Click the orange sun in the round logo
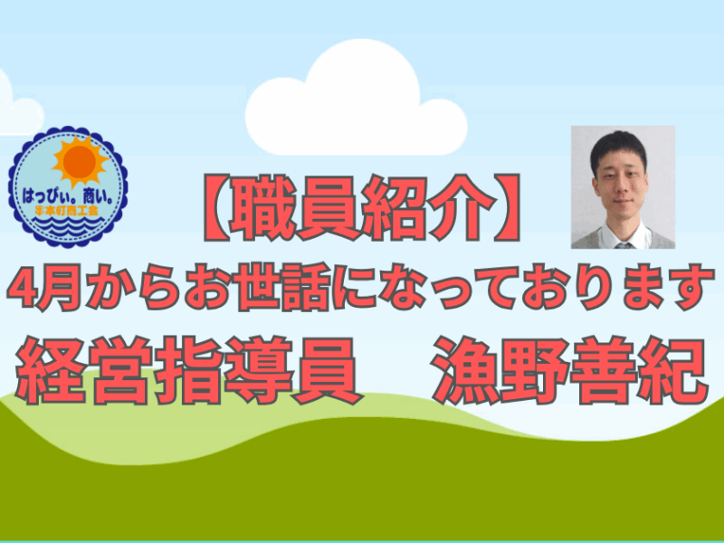tap(80, 162)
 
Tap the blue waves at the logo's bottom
tap(69, 226)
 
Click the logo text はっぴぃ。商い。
tap(69, 198)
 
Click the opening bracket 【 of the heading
tap(216, 207)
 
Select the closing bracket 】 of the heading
tap(507, 207)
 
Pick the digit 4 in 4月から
tap(21, 288)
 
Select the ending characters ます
tap(662, 287)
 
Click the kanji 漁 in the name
tap(465, 370)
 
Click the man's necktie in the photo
tap(624, 245)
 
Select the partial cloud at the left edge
tap(18, 109)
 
